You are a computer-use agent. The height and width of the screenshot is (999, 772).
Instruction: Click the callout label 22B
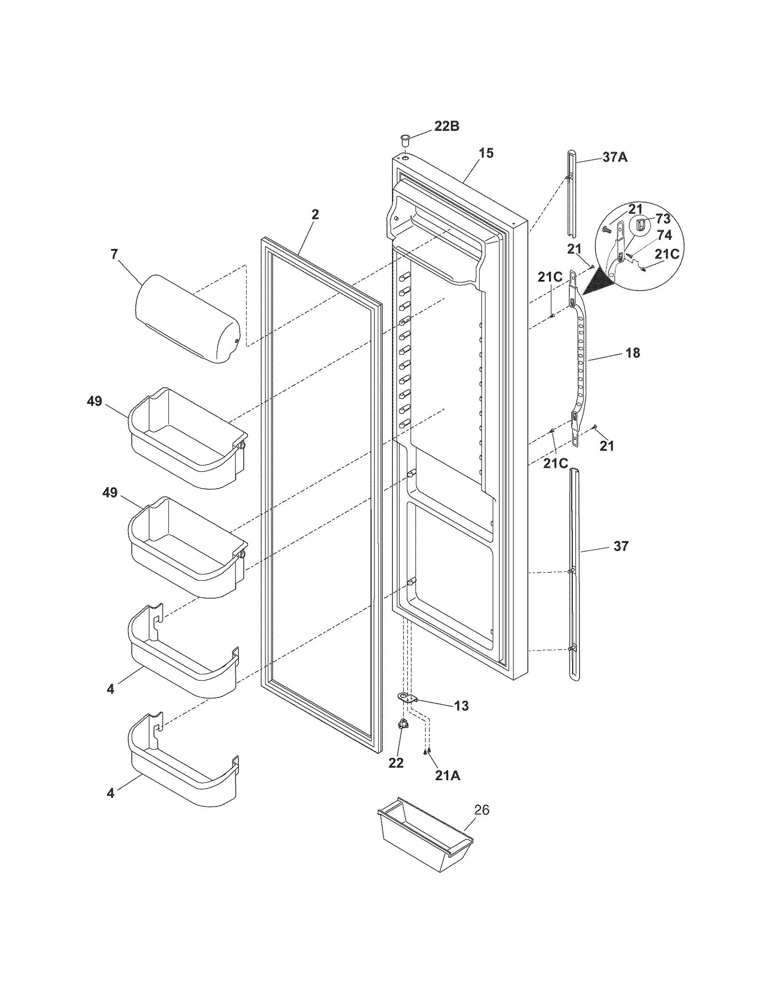click(446, 126)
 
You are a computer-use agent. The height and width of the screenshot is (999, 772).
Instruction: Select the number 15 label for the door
click(486, 153)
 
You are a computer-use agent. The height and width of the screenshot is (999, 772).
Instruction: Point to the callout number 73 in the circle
click(663, 219)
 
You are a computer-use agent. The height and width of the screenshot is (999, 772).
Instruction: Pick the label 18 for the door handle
click(633, 353)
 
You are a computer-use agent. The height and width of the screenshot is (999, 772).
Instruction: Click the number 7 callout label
click(114, 254)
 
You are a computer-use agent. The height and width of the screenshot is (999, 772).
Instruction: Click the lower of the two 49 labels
click(110, 493)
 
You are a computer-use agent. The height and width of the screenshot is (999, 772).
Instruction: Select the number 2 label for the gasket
click(315, 214)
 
